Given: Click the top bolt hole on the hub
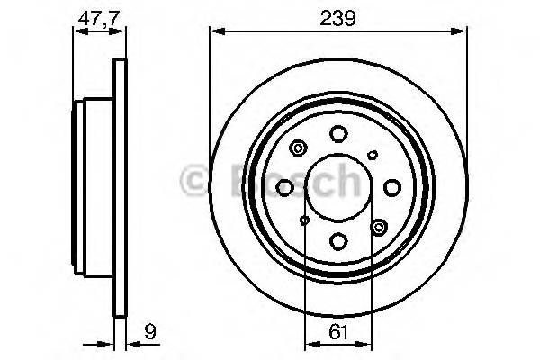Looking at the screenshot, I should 338,135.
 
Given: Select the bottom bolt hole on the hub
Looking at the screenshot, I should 338,240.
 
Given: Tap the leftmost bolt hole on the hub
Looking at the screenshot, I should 285,187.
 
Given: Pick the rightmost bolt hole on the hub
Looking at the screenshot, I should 391,187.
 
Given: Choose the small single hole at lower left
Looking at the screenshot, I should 305,220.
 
